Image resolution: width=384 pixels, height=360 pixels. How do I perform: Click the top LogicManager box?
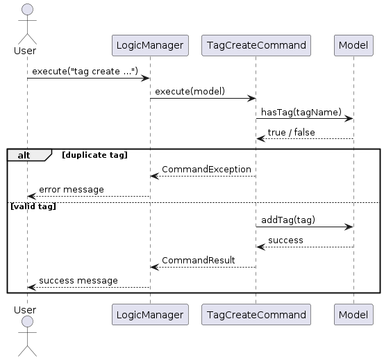click(x=150, y=45)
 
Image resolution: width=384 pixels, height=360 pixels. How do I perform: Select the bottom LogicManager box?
click(x=150, y=314)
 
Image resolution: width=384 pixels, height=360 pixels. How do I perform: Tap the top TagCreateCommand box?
click(x=256, y=45)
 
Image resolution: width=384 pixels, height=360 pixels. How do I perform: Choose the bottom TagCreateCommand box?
click(x=256, y=314)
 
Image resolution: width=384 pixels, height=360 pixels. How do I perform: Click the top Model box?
click(x=353, y=45)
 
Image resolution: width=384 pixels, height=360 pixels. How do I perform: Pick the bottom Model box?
click(x=353, y=314)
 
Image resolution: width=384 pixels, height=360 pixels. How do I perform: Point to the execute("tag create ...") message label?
click(x=85, y=71)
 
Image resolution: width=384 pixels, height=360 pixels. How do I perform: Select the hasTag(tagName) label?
click(x=296, y=111)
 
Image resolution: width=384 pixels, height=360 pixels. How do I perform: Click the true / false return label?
click(x=291, y=131)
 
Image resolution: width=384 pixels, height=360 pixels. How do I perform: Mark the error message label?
click(x=72, y=189)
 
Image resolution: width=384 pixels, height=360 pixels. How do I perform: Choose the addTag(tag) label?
click(x=288, y=220)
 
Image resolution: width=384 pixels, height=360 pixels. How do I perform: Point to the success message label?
click(x=78, y=280)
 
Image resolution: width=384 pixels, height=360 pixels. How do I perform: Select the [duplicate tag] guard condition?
click(x=94, y=154)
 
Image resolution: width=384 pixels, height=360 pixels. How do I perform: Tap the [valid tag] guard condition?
click(x=32, y=206)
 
